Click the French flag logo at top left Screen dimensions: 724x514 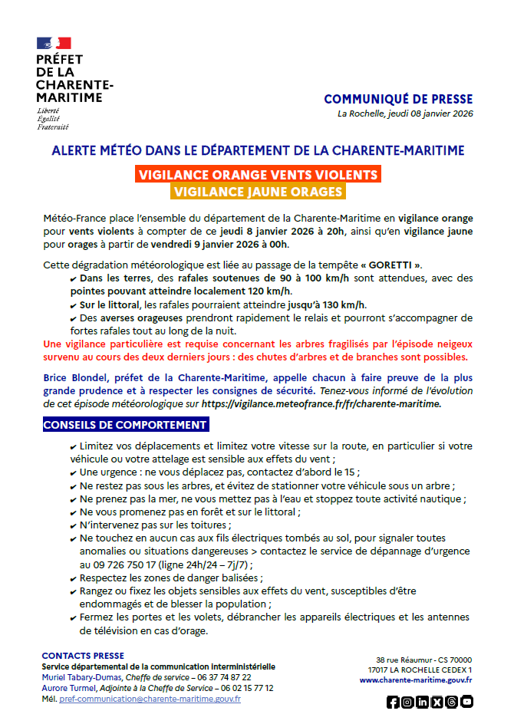[54, 44]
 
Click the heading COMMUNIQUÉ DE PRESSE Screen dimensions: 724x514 [398, 100]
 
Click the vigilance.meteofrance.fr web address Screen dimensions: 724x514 [322, 403]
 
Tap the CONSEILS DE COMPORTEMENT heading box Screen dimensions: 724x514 [125, 425]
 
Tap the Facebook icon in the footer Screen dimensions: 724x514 [393, 702]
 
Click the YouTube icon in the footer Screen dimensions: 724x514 [466, 702]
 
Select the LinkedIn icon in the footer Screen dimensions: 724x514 [422, 702]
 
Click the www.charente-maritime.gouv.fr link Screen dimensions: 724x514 [416, 680]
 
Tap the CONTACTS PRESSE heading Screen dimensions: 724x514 [83, 656]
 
